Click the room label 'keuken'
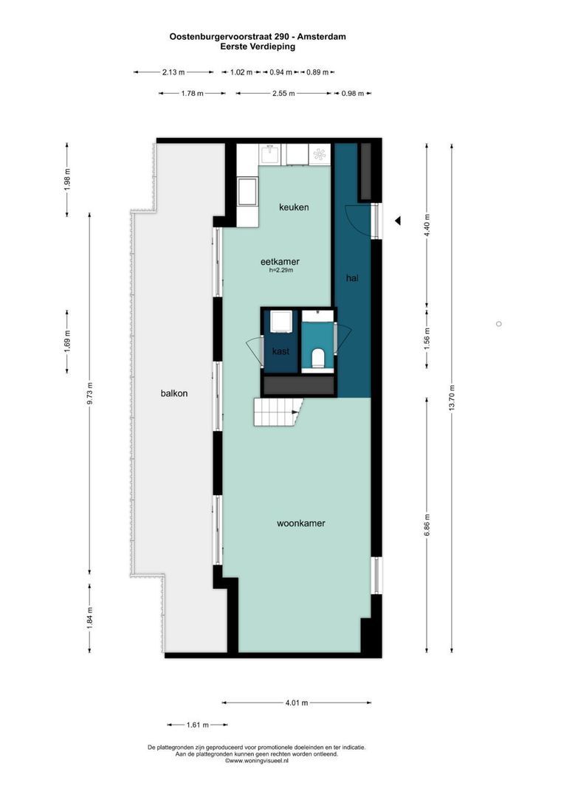point(294,207)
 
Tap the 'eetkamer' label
point(280,261)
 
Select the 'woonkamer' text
point(301,523)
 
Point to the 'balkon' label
point(174,393)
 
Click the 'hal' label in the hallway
point(353,278)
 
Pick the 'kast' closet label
point(281,351)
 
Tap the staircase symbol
point(276,412)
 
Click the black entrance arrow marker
point(397,221)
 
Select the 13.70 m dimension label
point(452,399)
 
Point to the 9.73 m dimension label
point(90,393)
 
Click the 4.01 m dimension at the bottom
point(297,703)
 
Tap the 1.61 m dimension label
point(197,725)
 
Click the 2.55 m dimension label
point(283,94)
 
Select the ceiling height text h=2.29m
point(281,271)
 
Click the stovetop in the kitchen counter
point(319,154)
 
